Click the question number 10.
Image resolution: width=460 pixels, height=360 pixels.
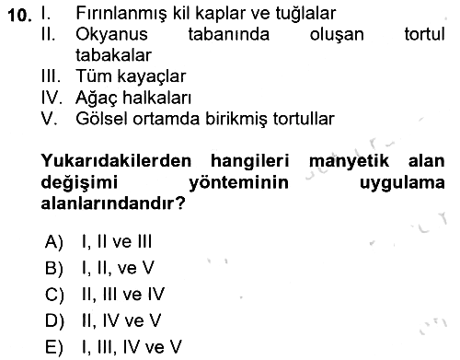[19, 15]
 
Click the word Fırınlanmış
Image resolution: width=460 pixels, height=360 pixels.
[121, 14]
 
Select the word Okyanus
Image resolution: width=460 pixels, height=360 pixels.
[111, 35]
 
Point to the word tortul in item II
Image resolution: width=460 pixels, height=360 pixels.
[424, 34]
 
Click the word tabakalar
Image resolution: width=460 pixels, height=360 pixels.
[113, 55]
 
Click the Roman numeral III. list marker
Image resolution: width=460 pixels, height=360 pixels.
[51, 76]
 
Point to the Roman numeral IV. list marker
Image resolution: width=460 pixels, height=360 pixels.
[52, 98]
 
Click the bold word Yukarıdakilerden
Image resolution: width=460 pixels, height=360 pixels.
[116, 160]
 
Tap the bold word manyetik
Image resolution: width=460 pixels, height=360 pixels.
[349, 161]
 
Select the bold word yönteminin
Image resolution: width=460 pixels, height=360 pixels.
[238, 182]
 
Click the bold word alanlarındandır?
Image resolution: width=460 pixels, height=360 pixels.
[113, 203]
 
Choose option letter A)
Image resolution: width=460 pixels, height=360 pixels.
[54, 242]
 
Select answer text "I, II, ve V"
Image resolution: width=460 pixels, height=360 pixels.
[118, 268]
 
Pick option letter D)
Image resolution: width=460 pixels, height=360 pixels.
[54, 321]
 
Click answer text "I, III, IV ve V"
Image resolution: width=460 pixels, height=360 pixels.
[132, 347]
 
